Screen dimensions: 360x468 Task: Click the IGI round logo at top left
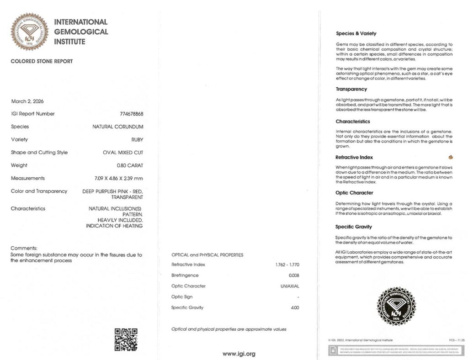[x=29, y=32]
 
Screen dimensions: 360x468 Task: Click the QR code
[x=126, y=339]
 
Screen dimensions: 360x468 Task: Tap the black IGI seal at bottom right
[x=395, y=306]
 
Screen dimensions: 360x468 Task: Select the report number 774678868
[x=131, y=114]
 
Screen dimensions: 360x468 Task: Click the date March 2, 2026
[x=27, y=101]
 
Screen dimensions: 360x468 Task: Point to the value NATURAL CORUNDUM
[x=118, y=127]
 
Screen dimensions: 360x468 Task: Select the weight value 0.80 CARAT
[x=130, y=165]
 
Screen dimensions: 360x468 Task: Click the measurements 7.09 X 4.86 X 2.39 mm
[x=115, y=178]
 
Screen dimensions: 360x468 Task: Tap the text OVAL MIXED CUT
[x=123, y=152]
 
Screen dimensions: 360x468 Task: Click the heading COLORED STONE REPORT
[x=42, y=61]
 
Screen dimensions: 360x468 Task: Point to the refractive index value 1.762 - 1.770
[x=287, y=265]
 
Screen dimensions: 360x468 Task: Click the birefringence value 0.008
[x=294, y=275]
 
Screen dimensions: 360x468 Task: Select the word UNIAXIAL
[x=290, y=286]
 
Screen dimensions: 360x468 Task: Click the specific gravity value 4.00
[x=295, y=307]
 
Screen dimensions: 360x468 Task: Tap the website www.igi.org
[x=239, y=353]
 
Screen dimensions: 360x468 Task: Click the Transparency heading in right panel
[x=351, y=89]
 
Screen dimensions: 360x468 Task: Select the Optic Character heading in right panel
[x=354, y=193]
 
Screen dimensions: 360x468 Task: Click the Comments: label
[x=23, y=248]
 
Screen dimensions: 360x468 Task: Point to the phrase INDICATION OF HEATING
[x=114, y=226]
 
